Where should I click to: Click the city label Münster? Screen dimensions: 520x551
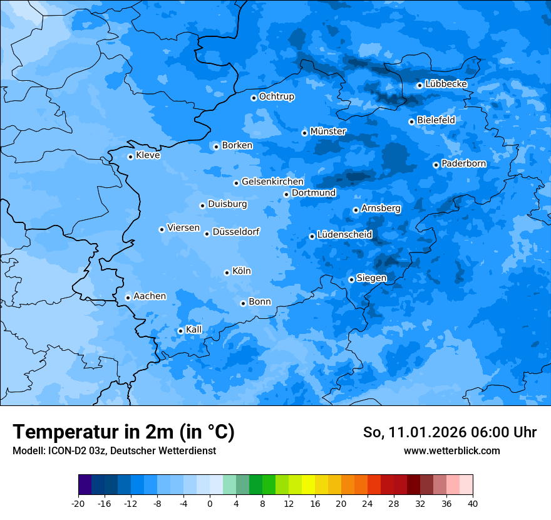[328, 132]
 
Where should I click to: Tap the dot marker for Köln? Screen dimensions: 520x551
[227, 273]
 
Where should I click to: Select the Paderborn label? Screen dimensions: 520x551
[464, 164]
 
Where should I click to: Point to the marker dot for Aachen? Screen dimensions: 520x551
[128, 298]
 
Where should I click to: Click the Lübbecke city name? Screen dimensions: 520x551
[446, 84]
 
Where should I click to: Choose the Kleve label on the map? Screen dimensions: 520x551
[148, 155]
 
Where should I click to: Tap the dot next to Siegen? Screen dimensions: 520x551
[351, 279]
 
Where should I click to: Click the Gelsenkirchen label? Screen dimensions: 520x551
[272, 182]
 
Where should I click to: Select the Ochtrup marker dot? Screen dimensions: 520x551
[254, 98]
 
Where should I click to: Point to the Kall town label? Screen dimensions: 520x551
[193, 330]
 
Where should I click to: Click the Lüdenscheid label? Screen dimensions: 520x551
[344, 235]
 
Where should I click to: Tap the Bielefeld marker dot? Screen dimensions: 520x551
[411, 122]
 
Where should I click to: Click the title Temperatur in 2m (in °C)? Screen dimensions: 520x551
[123, 432]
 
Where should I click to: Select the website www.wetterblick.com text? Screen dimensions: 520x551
[451, 450]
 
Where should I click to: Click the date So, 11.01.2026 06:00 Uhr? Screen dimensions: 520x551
[450, 432]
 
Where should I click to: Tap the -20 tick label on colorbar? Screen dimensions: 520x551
[78, 503]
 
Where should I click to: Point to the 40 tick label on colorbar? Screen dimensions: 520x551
[473, 503]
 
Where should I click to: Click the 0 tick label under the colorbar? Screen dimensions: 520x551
[210, 503]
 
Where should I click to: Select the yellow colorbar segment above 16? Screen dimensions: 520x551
[308, 485]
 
